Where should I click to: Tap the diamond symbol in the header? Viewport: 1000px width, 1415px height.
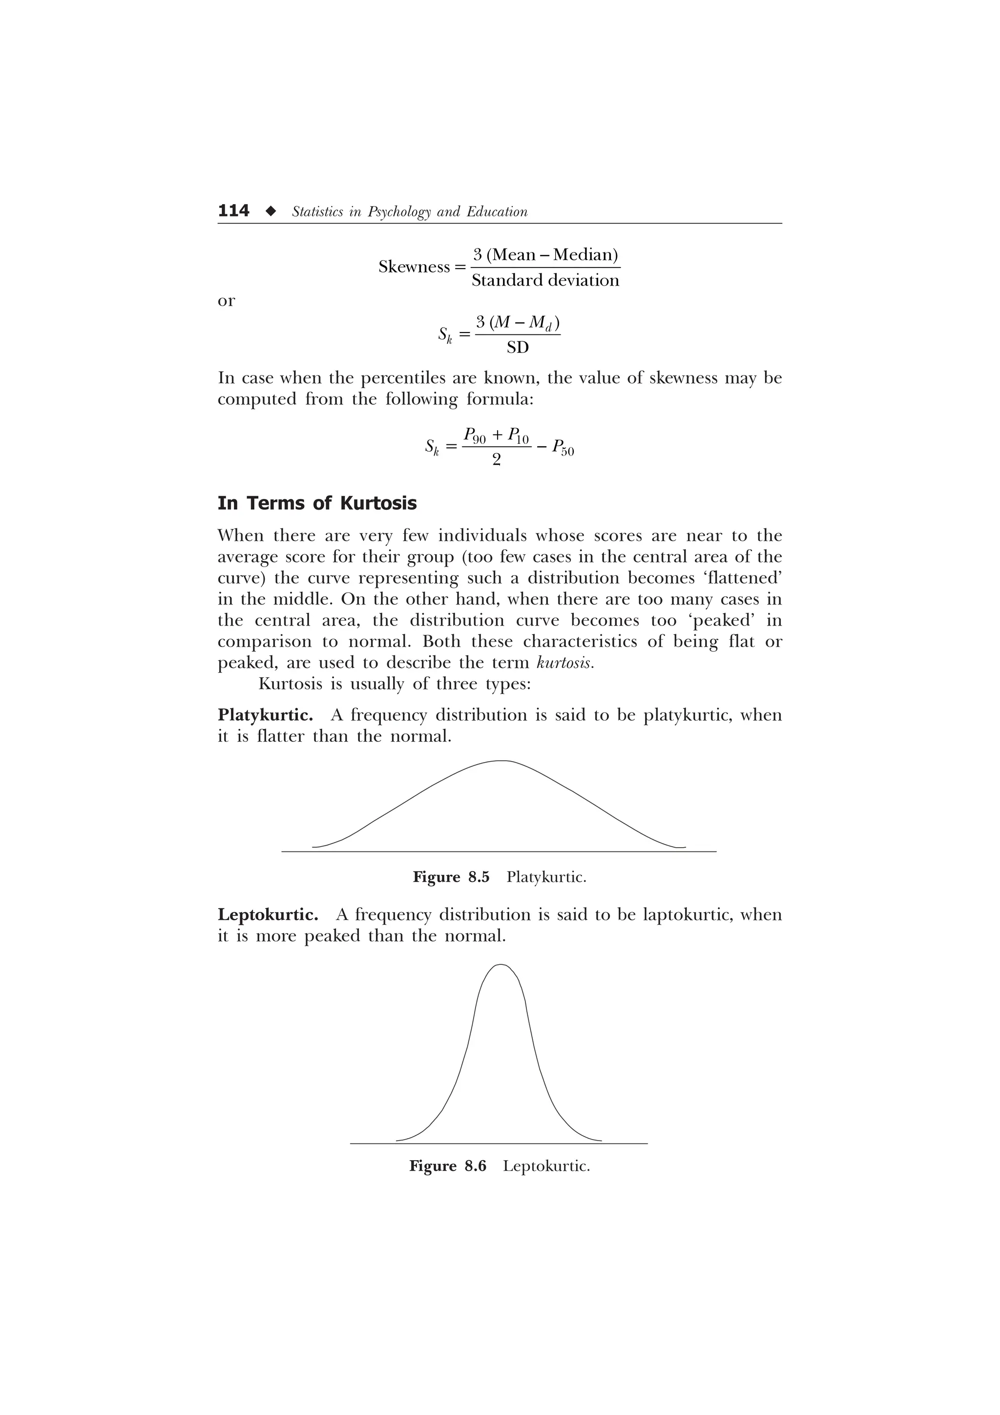tap(270, 211)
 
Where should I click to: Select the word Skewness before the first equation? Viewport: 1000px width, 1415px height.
tap(414, 267)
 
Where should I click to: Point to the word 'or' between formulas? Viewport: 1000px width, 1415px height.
tap(226, 301)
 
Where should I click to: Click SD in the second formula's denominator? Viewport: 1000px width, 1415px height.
tap(518, 348)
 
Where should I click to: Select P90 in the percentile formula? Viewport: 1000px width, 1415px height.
tap(475, 437)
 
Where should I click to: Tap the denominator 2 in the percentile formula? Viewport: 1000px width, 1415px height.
tap(497, 460)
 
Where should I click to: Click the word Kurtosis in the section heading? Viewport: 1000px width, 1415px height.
tap(378, 503)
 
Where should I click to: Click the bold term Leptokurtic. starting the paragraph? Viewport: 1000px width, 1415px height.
tap(268, 915)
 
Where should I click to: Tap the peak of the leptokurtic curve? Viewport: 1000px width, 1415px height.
tap(500, 964)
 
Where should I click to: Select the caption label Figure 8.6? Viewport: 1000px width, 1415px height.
tap(447, 1166)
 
